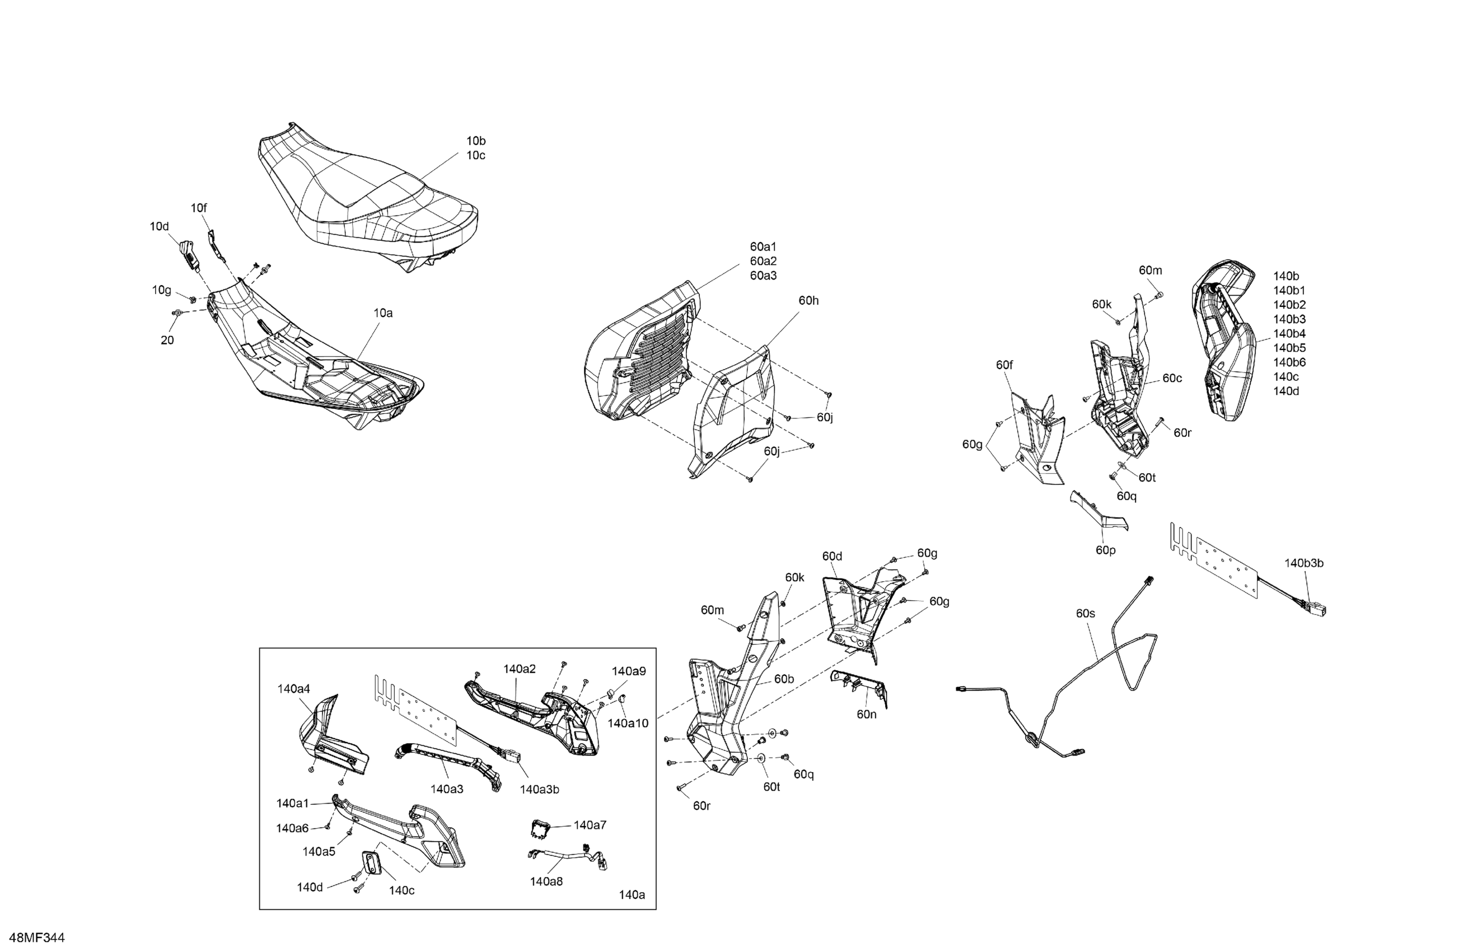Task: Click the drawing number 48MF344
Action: [x=38, y=938]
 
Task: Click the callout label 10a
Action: [x=382, y=313]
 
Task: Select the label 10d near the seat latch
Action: [x=159, y=226]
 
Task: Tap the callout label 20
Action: [x=167, y=340]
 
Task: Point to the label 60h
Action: [x=808, y=301]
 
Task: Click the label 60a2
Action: [x=763, y=261]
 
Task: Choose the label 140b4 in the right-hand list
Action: [x=1289, y=334]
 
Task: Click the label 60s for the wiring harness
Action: [x=1086, y=613]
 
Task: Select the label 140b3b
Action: [x=1304, y=563]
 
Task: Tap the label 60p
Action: [x=1105, y=550]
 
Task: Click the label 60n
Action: [x=866, y=715]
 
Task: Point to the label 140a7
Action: [x=590, y=825]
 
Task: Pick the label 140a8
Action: [x=546, y=881]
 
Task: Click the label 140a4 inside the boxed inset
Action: [x=293, y=689]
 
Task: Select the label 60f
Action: [x=1004, y=365]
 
